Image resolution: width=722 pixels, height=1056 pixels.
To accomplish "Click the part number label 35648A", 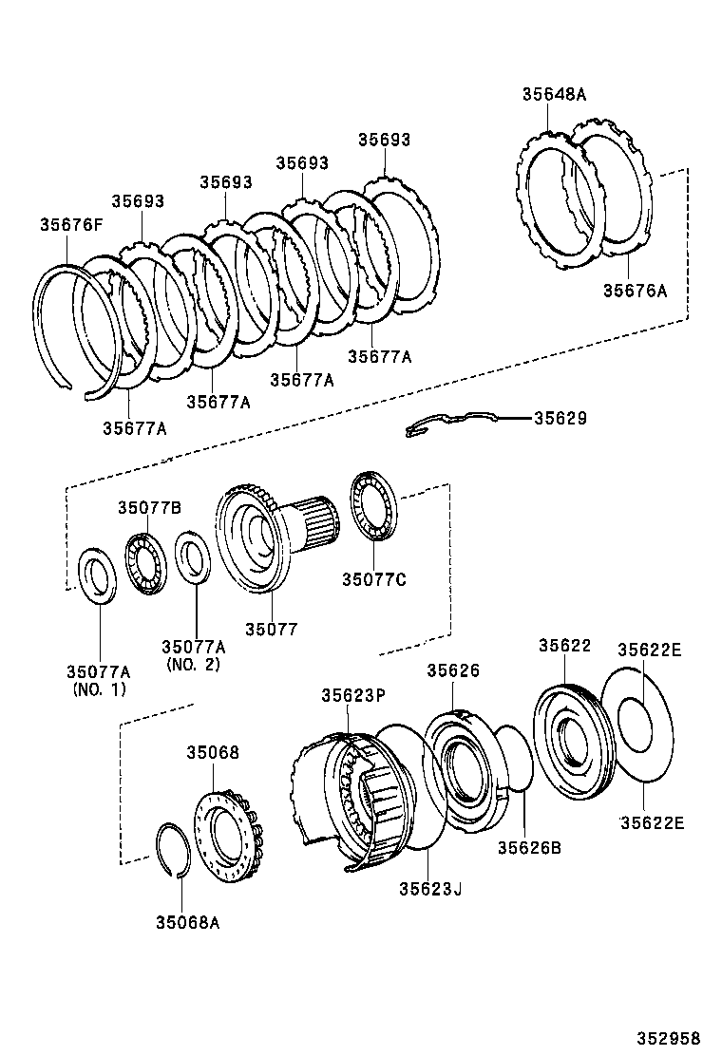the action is point(554,94).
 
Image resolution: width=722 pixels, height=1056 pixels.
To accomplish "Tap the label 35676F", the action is point(71,225).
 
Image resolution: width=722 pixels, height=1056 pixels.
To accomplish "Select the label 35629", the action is point(560,418).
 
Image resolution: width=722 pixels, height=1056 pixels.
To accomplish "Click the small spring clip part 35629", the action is point(451,423).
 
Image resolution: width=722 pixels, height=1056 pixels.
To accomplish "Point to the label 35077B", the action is point(149,508).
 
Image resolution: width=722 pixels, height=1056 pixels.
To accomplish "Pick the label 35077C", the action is point(373,579).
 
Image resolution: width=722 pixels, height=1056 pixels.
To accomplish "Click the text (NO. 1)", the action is point(99,689).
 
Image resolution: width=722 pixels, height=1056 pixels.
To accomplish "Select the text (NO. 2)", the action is point(193,664).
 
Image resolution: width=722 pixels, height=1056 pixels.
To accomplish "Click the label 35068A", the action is point(188,922).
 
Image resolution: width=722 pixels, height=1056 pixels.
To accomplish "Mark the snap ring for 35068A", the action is point(173,851).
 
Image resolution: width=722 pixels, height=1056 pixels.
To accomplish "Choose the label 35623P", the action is point(352,695).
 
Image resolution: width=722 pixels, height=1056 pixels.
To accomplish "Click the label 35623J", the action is point(430,889).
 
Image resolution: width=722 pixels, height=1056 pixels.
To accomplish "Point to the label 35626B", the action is point(529,847).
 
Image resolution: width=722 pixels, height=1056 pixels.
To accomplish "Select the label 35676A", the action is point(635,291).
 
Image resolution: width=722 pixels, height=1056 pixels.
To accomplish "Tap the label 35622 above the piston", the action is point(564,645).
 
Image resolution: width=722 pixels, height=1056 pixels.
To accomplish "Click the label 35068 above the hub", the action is point(213,751).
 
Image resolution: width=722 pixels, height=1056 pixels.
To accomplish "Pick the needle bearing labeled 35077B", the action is point(145,563).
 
